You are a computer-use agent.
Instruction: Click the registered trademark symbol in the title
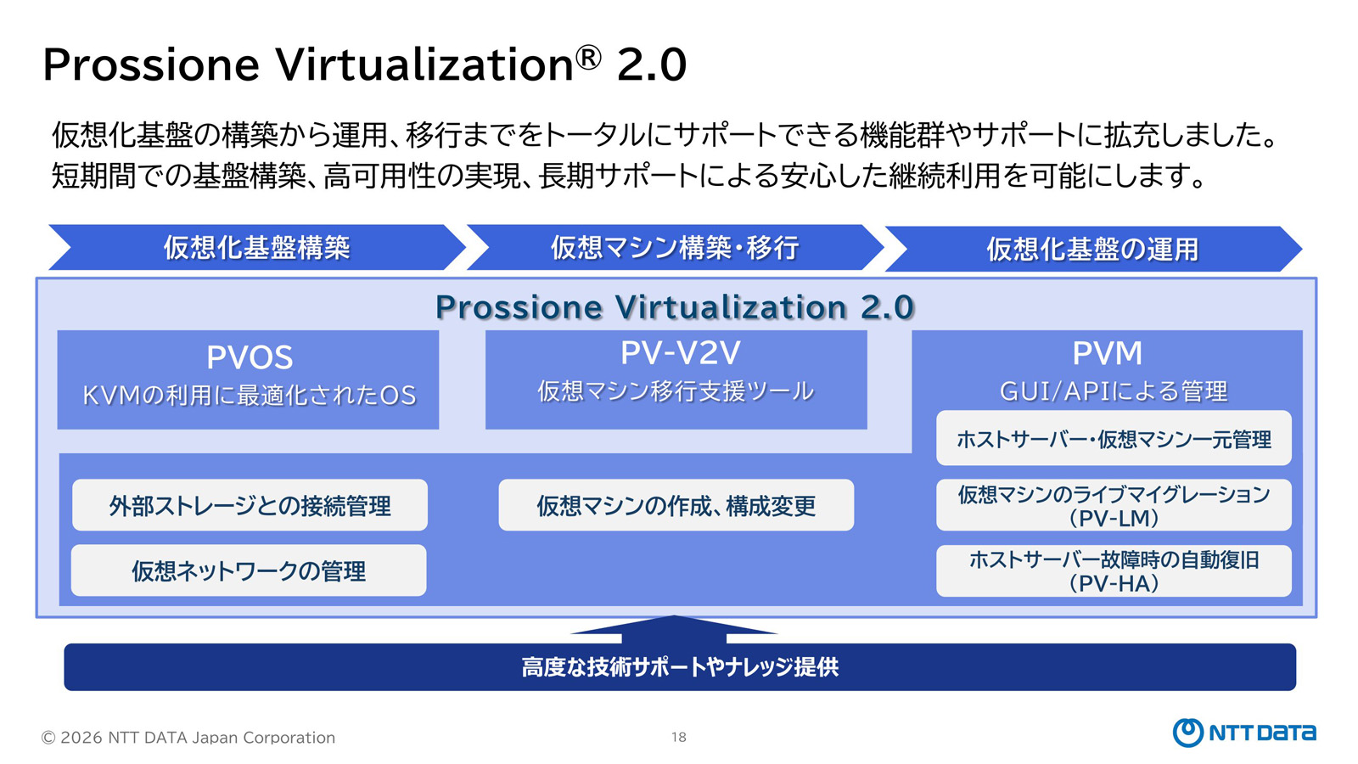[587, 58]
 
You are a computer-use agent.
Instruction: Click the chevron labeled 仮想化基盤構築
[257, 247]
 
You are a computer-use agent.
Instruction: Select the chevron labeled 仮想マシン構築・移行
[675, 247]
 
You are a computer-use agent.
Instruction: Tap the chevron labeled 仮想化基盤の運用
[1093, 249]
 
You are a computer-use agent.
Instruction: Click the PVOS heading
[250, 357]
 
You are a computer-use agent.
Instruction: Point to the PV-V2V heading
[680, 353]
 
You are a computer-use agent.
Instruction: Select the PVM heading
[1107, 353]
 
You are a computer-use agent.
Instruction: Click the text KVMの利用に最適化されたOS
[250, 396]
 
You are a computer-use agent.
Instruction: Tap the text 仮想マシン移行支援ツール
[676, 391]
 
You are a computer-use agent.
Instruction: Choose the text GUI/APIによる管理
[1114, 391]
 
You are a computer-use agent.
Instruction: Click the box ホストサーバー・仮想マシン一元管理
[1114, 438]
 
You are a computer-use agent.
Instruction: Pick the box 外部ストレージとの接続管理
[250, 505]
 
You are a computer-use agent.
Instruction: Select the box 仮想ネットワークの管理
[249, 570]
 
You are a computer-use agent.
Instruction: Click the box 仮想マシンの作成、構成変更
[676, 505]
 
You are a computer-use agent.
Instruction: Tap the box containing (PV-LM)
[1114, 505]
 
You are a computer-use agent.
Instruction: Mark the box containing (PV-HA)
[1114, 570]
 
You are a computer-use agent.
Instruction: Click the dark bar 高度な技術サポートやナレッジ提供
[680, 667]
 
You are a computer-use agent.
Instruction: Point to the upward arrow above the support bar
[674, 629]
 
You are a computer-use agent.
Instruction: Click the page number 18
[678, 738]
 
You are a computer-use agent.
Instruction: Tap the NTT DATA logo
[1244, 733]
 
